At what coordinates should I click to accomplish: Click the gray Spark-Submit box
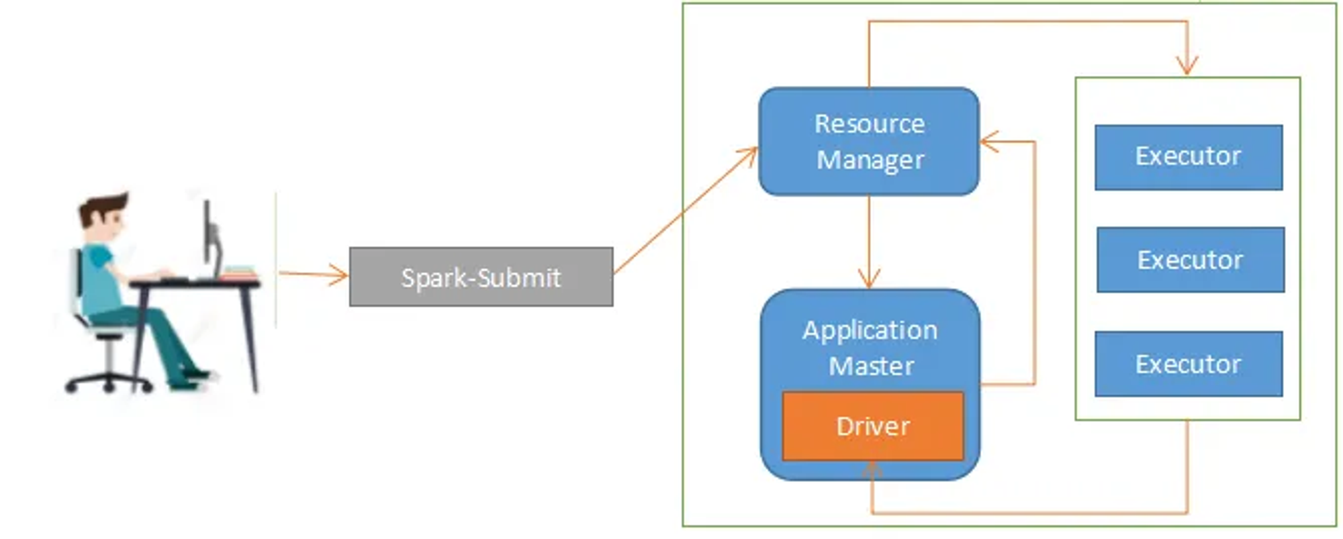481,277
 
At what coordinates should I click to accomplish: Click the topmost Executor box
1189,157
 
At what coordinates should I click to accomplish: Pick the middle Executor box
1191,260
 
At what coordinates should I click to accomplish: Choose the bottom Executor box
1189,364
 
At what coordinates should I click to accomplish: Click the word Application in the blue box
870,330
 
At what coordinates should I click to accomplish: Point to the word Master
871,366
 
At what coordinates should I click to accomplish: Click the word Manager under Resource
870,160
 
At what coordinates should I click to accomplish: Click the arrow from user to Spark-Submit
313,274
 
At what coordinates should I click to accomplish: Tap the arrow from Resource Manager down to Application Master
869,242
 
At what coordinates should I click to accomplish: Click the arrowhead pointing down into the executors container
1187,66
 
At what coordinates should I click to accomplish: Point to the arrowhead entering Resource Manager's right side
989,142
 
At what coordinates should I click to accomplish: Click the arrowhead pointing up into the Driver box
872,470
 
